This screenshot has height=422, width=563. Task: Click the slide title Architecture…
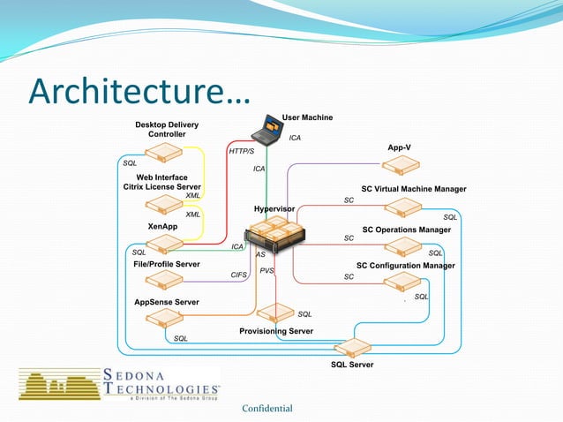coord(139,91)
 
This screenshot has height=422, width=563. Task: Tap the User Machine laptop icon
coord(266,132)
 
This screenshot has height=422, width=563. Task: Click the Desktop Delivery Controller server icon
coord(162,154)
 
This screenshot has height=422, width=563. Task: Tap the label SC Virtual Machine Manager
coord(413,189)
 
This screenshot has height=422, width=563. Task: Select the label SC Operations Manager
coord(406,230)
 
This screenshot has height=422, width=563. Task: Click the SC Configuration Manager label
coord(405,266)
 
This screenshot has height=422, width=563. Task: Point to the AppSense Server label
coord(166,302)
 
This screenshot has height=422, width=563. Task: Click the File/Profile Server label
coord(166,264)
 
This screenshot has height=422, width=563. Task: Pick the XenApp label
coord(162,227)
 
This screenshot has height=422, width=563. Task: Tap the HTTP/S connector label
coord(241,152)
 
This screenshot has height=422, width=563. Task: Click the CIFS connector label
coord(238,275)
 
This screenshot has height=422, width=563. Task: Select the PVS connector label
coord(266,271)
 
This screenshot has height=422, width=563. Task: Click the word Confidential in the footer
coord(267,408)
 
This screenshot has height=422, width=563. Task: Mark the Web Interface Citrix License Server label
coord(162,182)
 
